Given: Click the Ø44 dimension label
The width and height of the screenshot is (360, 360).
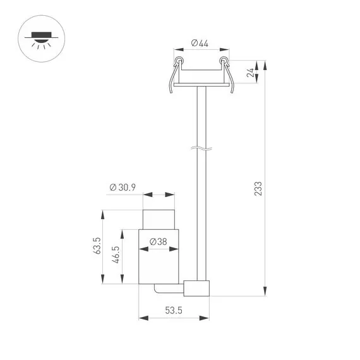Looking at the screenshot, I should (x=200, y=43).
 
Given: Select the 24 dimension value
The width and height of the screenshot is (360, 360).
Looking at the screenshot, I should (x=251, y=72).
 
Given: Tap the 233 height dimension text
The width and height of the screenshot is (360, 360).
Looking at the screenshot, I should (x=258, y=189).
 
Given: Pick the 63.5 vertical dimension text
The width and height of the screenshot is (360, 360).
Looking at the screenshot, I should (x=97, y=245).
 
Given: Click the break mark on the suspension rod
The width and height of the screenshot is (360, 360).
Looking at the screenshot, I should (x=200, y=150).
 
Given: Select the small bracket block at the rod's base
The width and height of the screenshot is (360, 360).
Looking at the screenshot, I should (x=196, y=288).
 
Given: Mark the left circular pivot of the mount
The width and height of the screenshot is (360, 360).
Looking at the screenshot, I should (x=179, y=61).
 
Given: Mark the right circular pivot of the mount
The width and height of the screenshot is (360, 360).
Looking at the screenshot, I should (x=222, y=61).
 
